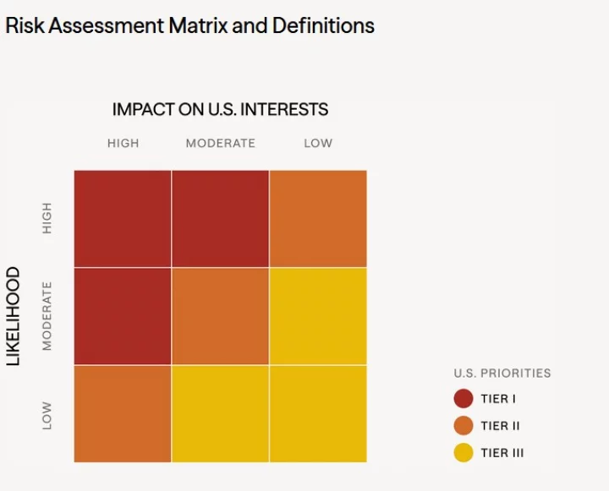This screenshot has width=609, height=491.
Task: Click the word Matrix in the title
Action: [x=198, y=25]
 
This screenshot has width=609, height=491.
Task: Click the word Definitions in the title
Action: [x=323, y=25]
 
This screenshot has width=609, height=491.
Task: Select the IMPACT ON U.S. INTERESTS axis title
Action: [x=220, y=110]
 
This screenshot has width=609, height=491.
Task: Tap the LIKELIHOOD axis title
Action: [x=14, y=317]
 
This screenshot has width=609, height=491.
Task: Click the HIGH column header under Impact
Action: [x=123, y=144]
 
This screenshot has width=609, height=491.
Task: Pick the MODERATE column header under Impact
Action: [x=220, y=144]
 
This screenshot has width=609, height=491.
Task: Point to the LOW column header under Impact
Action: [x=318, y=144]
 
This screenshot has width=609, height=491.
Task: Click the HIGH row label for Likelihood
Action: [x=47, y=218]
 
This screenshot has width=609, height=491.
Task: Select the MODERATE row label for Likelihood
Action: [x=47, y=316]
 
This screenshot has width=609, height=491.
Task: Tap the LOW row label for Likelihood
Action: [x=47, y=415]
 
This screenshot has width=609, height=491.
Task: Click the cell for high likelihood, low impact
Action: [x=318, y=218]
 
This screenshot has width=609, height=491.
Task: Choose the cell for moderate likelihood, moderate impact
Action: [x=220, y=316]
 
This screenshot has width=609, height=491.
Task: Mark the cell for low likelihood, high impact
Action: [x=123, y=414]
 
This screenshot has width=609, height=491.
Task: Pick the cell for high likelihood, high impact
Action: [x=123, y=218]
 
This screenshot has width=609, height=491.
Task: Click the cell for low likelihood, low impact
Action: [x=318, y=414]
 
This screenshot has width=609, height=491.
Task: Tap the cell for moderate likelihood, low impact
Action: [x=318, y=316]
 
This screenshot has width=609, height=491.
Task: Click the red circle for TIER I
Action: [x=464, y=399]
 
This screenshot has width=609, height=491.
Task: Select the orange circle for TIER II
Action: [x=464, y=426]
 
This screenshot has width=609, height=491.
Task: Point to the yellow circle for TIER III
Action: [x=464, y=453]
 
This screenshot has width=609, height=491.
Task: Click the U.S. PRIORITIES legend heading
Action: [x=502, y=373]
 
